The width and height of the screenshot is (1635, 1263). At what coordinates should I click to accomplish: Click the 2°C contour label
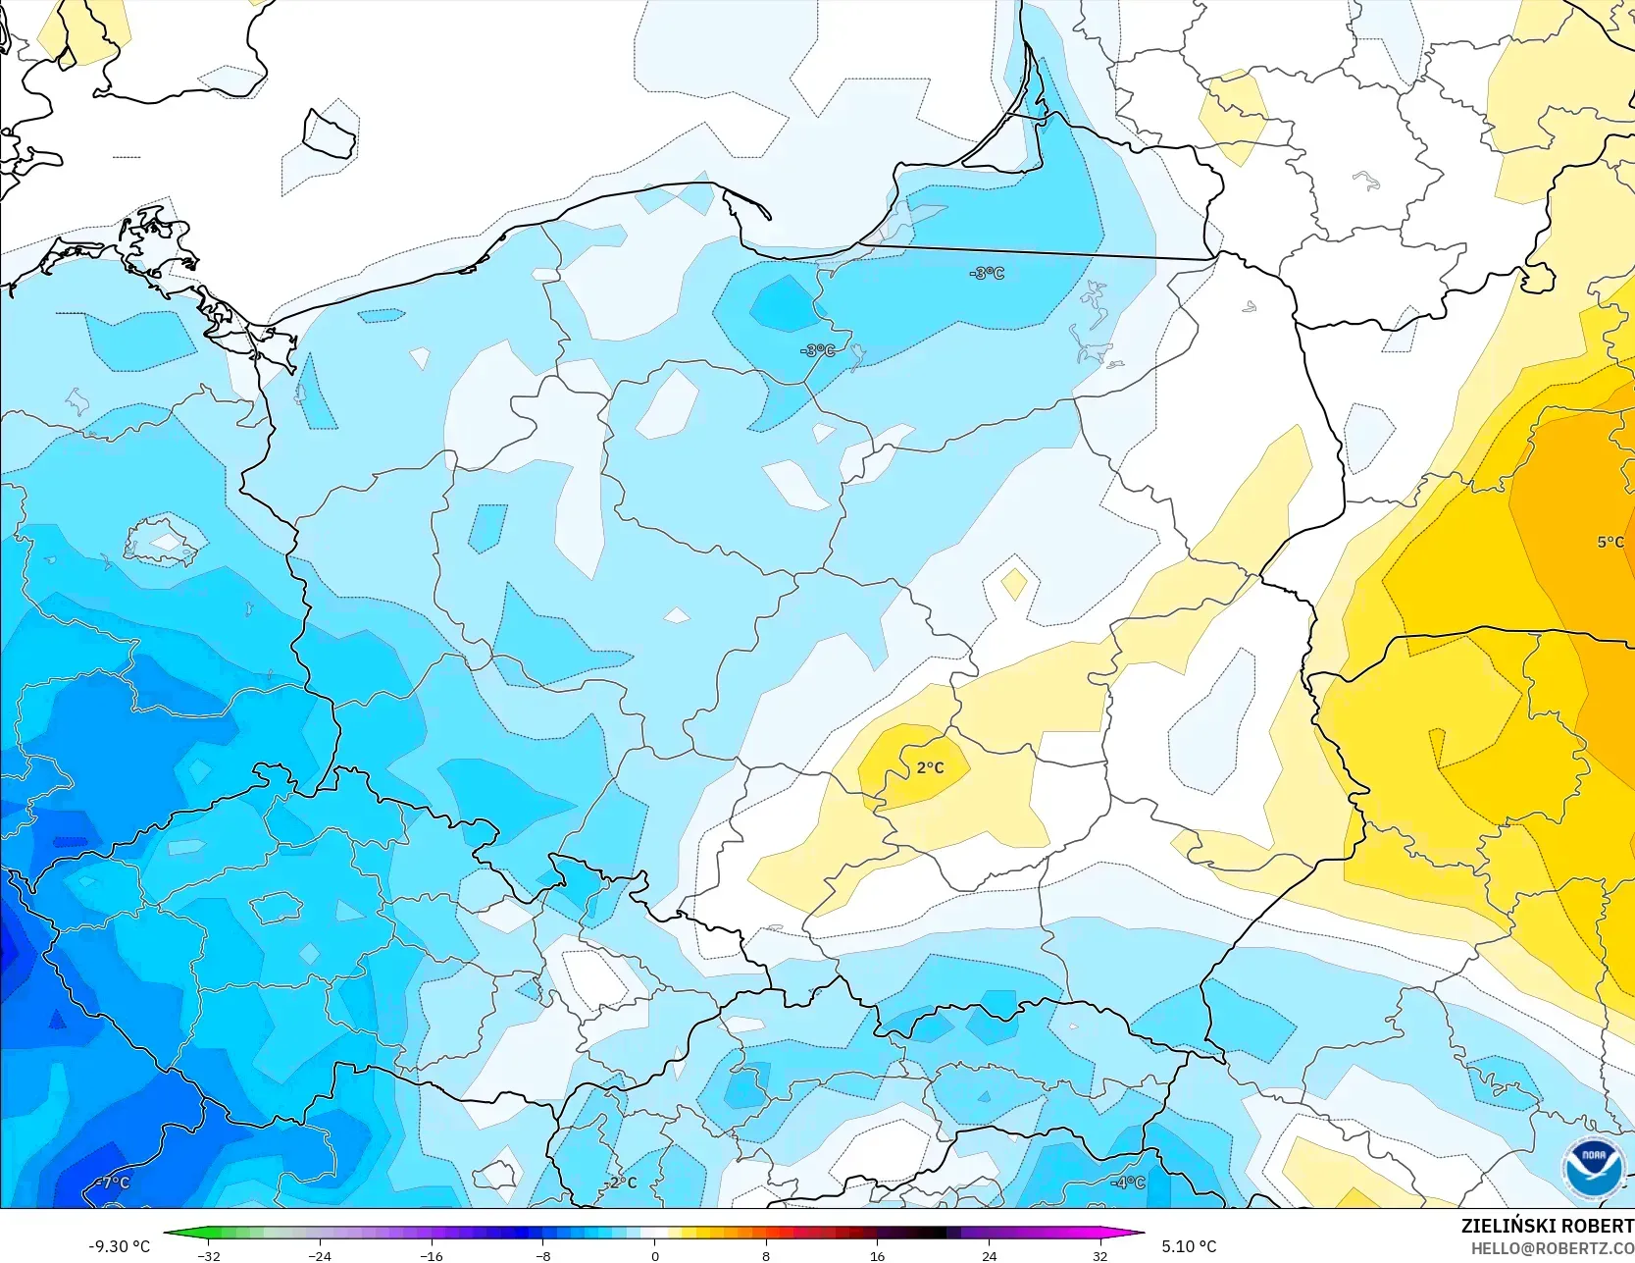click(930, 767)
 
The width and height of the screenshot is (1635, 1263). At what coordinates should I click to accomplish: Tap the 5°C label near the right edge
click(1609, 542)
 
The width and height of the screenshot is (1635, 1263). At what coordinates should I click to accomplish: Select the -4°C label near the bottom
click(1128, 1183)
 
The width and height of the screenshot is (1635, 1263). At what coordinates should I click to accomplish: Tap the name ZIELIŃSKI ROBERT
click(1547, 1226)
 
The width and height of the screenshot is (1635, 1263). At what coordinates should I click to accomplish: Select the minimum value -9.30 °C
click(120, 1246)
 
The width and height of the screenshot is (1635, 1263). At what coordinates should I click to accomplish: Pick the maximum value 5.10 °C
click(1189, 1246)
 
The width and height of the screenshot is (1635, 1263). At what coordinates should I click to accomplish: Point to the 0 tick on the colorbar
click(654, 1255)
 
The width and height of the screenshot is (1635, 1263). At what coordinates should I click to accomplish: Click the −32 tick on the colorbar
click(208, 1255)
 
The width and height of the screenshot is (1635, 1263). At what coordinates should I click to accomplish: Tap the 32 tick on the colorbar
click(1100, 1255)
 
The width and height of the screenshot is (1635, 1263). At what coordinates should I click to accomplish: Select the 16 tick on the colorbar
click(877, 1255)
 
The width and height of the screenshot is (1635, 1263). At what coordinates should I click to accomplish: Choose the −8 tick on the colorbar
click(542, 1255)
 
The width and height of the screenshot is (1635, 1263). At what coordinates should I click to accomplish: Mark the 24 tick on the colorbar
click(989, 1255)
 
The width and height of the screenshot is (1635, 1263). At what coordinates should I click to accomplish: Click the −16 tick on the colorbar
click(431, 1255)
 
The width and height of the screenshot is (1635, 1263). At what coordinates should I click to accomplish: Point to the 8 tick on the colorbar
click(766, 1255)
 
